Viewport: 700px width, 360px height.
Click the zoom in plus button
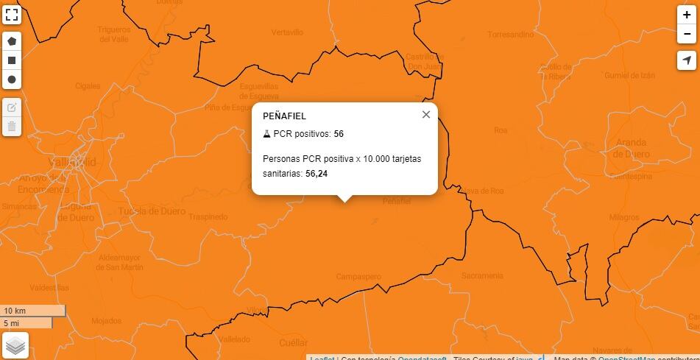[687, 15]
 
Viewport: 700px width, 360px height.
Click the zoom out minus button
[687, 34]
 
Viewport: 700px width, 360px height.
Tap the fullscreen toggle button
[12, 15]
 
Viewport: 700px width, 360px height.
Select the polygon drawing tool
[12, 41]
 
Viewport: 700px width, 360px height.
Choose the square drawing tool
[12, 60]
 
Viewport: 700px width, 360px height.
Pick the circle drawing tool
[12, 80]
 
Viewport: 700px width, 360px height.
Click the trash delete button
[12, 126]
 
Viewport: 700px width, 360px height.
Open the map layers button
[15, 345]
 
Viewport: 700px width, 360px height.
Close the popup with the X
[426, 114]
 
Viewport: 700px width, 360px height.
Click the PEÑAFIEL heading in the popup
[284, 116]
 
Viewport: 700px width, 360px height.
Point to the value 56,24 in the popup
[317, 174]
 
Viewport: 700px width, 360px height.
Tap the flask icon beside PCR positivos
[266, 134]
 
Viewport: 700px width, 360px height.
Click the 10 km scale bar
[33, 311]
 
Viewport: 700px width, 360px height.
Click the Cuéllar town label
[294, 343]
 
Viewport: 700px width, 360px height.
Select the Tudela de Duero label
[152, 211]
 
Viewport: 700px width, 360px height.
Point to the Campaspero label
[358, 277]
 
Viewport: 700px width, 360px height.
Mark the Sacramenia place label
[482, 275]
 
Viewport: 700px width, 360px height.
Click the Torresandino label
[510, 35]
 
